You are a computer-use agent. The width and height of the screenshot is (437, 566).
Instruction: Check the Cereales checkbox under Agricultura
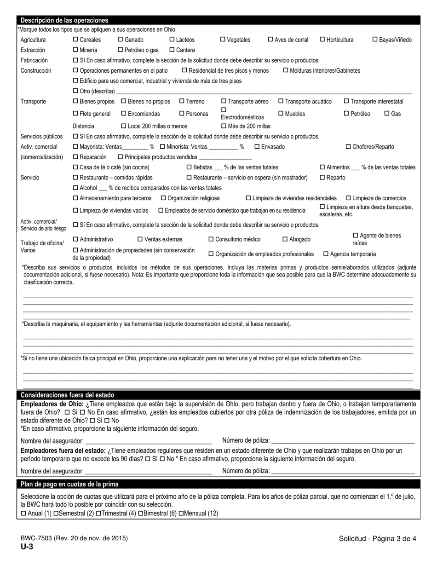tap(76, 40)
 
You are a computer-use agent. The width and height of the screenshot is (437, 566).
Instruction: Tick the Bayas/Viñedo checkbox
tap(374, 40)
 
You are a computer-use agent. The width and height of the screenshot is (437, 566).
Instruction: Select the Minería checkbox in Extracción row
tap(76, 50)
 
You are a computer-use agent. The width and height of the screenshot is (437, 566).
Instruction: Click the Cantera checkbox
tap(172, 50)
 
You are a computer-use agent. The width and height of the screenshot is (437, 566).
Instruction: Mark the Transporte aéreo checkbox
tap(224, 101)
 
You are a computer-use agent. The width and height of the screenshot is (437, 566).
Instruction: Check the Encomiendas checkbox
tap(124, 114)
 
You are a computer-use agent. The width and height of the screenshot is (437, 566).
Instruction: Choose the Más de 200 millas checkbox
tap(224, 126)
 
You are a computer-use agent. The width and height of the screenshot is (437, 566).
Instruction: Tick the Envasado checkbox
tap(257, 147)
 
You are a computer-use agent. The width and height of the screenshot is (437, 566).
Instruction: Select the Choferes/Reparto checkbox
tap(348, 147)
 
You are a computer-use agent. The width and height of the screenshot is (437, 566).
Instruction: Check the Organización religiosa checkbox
tap(163, 198)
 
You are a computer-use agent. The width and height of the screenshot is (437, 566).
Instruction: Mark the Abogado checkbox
tap(285, 239)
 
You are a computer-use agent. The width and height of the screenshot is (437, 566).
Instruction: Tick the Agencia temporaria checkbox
tap(326, 254)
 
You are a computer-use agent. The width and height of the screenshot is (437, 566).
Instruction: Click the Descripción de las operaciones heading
tap(64, 20)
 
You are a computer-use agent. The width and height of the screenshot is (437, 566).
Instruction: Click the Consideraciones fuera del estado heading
tap(67, 395)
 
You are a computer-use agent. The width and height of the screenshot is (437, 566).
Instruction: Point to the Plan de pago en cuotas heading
tap(69, 484)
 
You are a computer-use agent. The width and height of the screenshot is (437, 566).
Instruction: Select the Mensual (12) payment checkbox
tap(181, 514)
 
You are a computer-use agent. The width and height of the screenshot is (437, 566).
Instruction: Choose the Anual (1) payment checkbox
tap(23, 514)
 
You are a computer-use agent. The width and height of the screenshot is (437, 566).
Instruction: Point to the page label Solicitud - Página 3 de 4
tap(377, 538)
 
